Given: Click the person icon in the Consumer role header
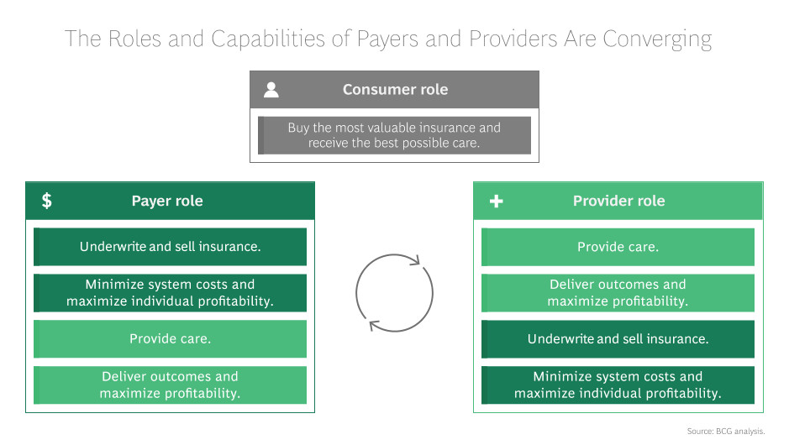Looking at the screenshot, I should (x=271, y=90).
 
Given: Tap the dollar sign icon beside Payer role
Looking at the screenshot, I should (x=47, y=201).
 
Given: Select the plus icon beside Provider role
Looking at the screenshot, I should (x=496, y=202).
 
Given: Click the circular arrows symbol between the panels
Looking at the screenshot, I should (x=394, y=293).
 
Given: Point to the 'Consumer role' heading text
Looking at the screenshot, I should (x=395, y=90).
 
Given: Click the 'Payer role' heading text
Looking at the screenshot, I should (x=167, y=202).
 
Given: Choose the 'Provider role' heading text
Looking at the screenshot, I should (x=618, y=202).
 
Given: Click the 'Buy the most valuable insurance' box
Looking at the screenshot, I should (x=394, y=135).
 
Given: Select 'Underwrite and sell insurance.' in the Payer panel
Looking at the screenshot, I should (x=170, y=247).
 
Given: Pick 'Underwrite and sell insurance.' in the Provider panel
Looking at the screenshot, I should (x=618, y=339).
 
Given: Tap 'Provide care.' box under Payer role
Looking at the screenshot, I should (x=170, y=339).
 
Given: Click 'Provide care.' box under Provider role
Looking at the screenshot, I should (x=618, y=247).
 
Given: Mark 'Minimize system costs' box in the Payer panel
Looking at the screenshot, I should (x=170, y=292).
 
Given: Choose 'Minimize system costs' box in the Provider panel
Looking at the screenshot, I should (x=618, y=385).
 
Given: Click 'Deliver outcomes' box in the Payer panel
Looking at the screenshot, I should (x=170, y=385).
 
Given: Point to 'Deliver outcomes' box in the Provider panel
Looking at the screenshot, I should (x=618, y=292).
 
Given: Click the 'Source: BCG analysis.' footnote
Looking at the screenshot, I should (x=726, y=431).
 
